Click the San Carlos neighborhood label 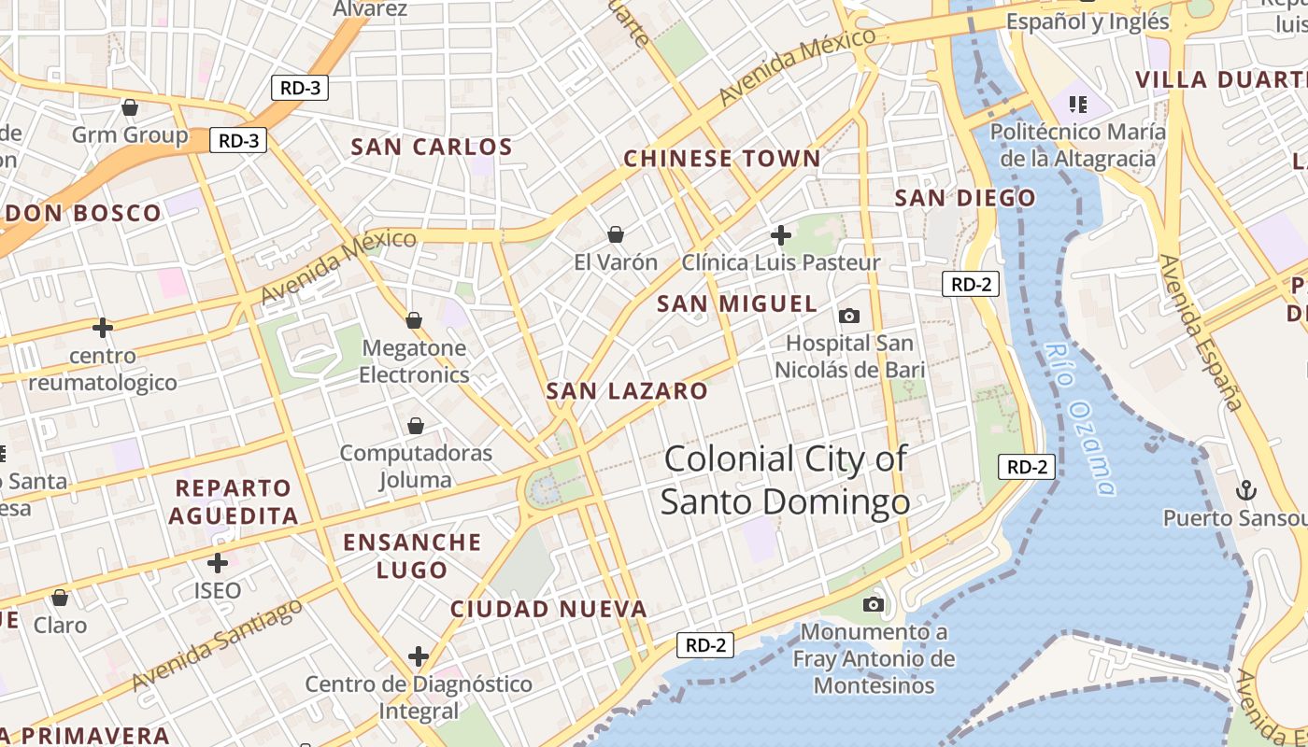pos(432,147)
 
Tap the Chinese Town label pos(721,159)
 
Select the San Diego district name pos(965,198)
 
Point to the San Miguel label pos(737,303)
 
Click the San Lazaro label pos(627,391)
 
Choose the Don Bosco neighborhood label pos(83,213)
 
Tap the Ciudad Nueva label pos(548,610)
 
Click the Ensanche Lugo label pos(412,556)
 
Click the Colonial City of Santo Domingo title pos(785,480)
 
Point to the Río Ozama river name pos(1081,418)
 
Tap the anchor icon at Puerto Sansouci pos(1245,489)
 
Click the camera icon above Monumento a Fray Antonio pos(874,604)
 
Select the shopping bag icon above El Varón pos(616,233)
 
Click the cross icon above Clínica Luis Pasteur pos(781,234)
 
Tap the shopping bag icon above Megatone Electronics pos(414,320)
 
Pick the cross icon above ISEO pos(218,563)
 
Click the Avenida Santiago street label pos(218,644)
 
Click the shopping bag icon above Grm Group pos(130,107)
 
